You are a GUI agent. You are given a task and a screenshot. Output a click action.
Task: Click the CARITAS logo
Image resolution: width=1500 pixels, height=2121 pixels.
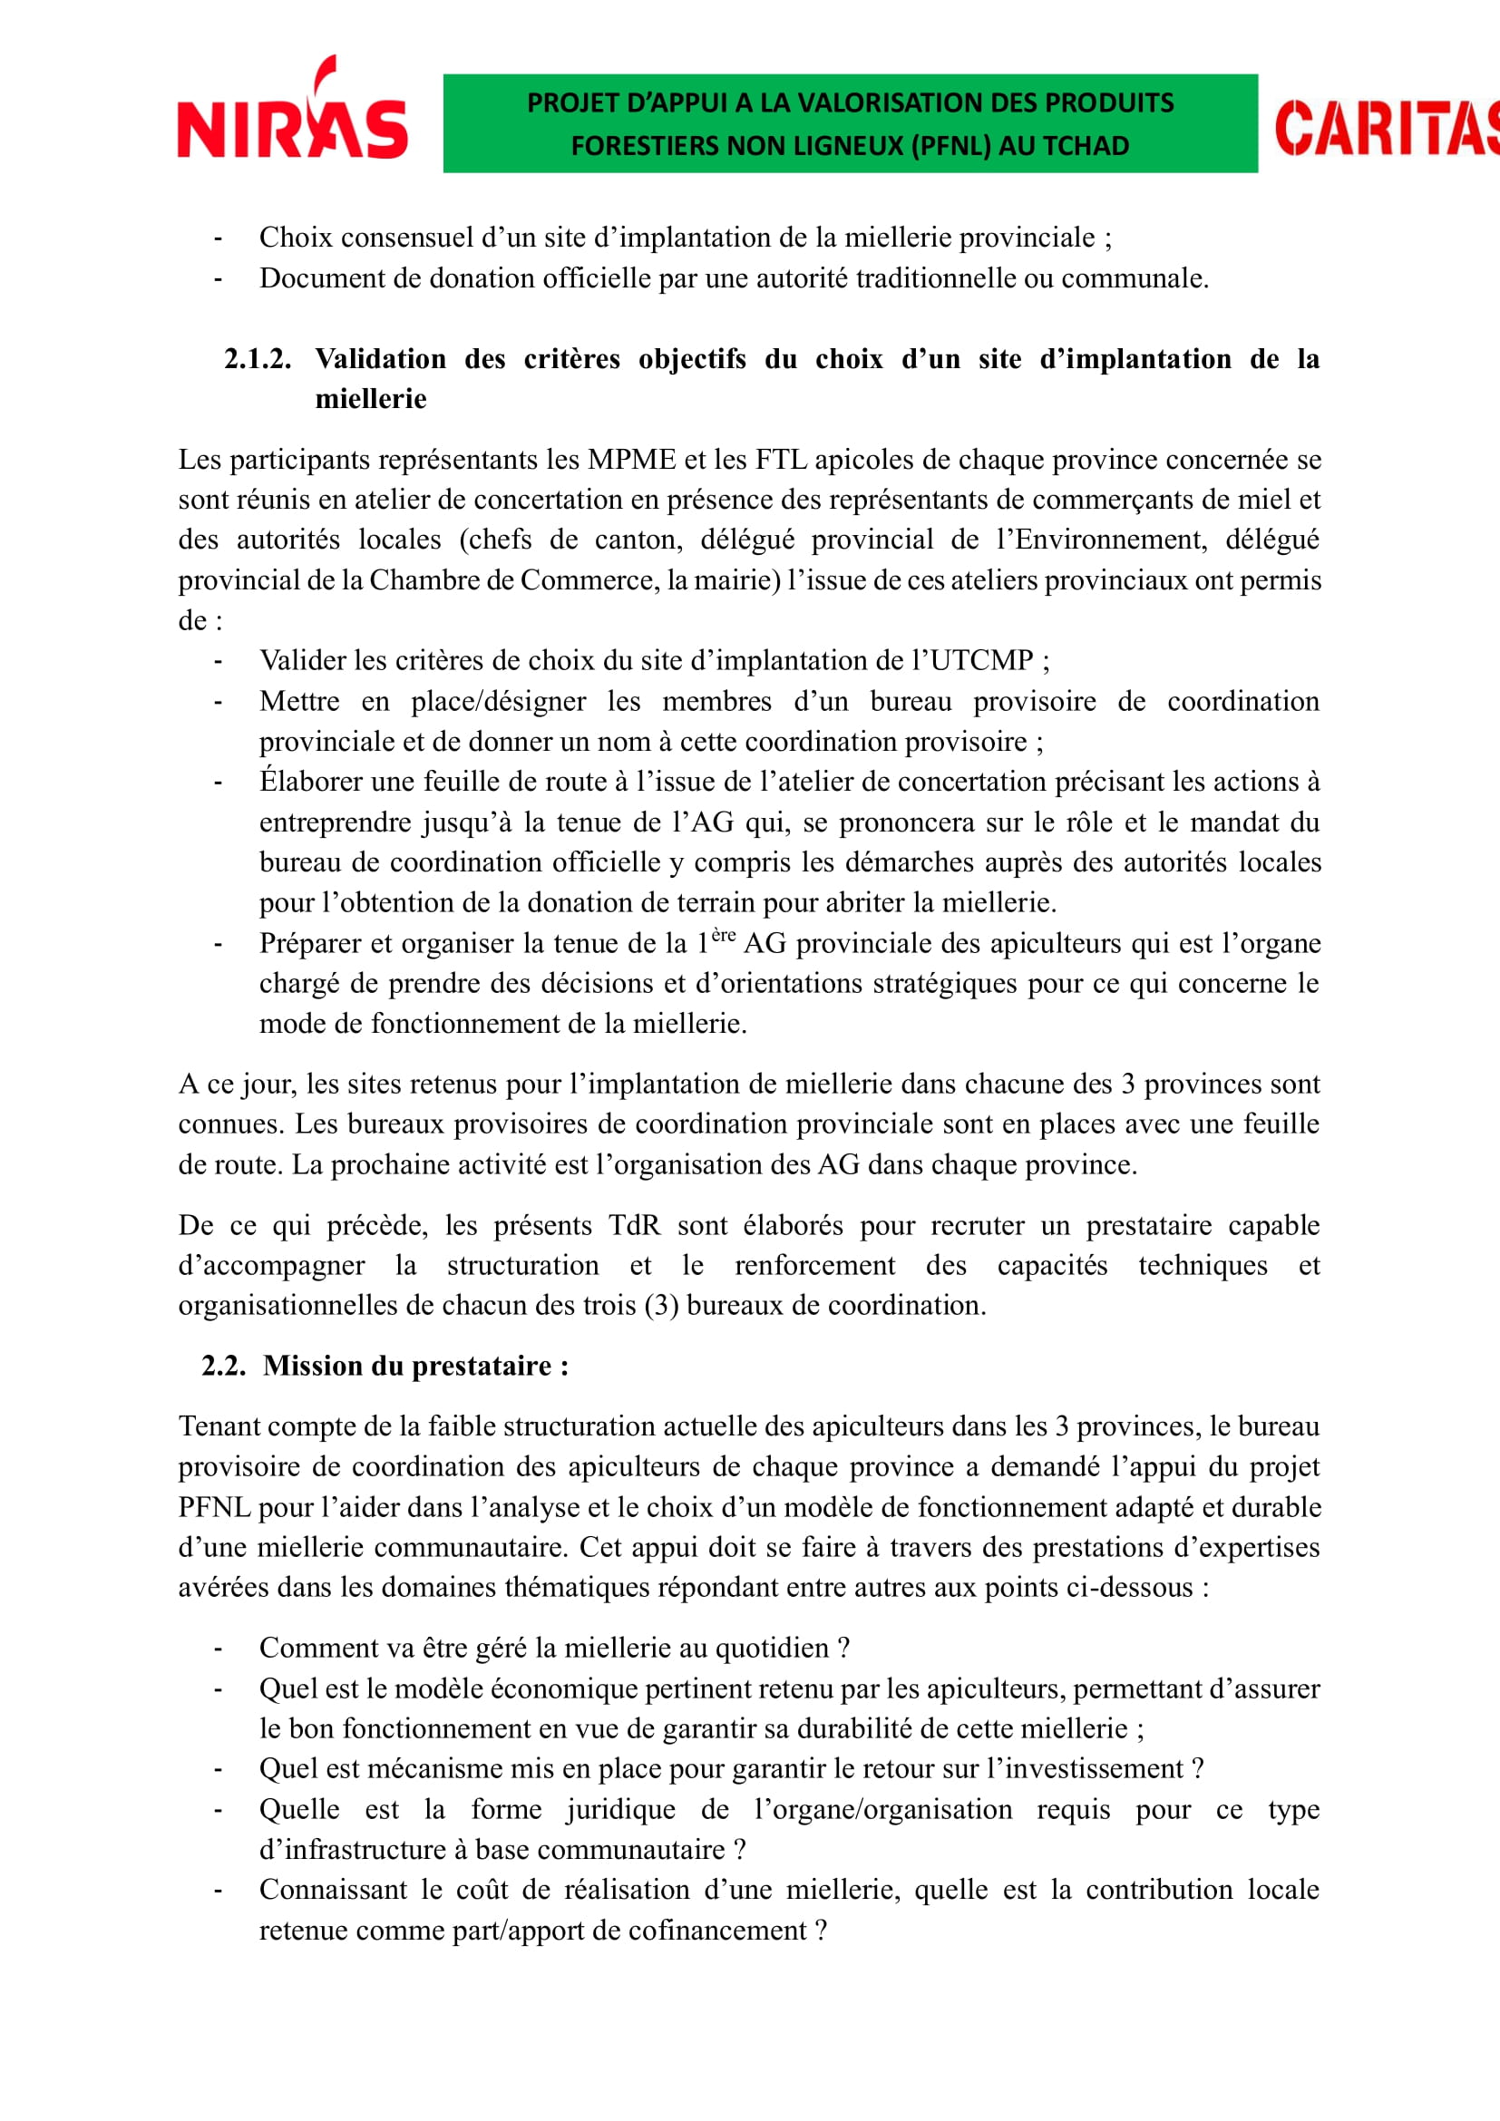coord(1386,128)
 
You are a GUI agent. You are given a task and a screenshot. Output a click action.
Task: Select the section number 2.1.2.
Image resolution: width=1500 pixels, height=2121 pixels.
coord(257,358)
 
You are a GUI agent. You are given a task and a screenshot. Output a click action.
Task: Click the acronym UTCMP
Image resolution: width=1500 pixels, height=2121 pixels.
coord(981,659)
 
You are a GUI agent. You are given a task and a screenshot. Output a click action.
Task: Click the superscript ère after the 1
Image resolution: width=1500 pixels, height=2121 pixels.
coord(724,935)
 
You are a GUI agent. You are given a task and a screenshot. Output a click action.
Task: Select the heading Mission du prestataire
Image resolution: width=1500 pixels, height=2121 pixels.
coord(414,1366)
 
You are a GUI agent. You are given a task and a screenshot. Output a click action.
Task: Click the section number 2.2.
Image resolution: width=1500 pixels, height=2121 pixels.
coord(223,1366)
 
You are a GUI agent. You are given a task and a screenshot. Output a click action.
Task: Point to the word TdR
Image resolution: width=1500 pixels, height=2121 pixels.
coord(635,1225)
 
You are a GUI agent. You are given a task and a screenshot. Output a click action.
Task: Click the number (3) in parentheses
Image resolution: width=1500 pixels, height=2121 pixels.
coord(660,1305)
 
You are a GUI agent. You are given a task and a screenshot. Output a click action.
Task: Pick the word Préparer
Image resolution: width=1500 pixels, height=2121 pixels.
coord(310,943)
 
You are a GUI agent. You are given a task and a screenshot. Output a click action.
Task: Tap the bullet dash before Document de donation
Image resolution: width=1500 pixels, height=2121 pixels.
coord(218,279)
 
